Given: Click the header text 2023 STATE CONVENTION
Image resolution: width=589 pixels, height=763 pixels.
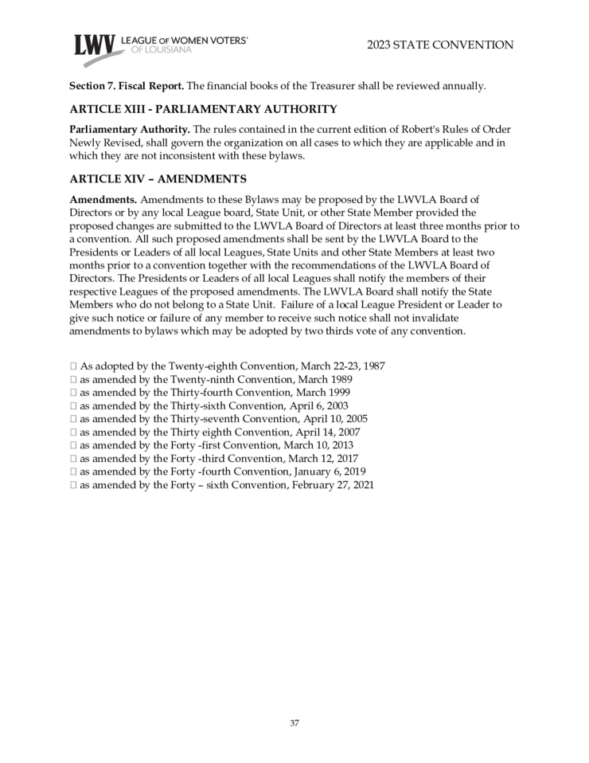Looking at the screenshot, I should click(x=440, y=45).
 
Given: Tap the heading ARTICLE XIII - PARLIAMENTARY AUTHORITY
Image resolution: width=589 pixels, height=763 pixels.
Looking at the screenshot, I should click(x=204, y=109).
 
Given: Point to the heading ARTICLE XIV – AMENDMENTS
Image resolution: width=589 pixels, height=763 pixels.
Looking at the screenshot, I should click(x=158, y=178).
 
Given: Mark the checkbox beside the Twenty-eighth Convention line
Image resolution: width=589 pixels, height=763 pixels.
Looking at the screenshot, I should click(x=73, y=366).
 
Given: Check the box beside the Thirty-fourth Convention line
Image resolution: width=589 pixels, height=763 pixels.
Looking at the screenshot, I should click(x=73, y=393).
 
